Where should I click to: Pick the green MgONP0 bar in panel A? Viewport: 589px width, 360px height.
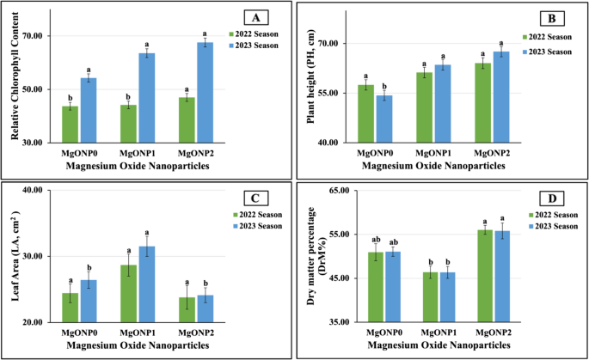[x=70, y=124]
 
